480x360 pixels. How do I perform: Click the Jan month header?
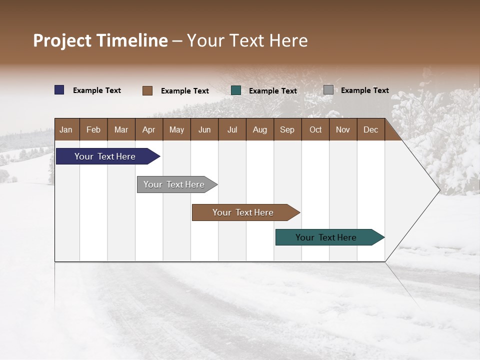[66, 129]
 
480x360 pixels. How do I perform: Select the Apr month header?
[149, 129]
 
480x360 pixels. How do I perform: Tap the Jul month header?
[232, 129]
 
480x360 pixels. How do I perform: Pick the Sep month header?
[287, 129]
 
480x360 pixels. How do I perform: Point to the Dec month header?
[370, 129]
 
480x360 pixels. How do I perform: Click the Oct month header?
[315, 129]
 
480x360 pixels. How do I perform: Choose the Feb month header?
[93, 129]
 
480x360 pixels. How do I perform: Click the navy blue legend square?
[59, 90]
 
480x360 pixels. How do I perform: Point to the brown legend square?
[147, 90]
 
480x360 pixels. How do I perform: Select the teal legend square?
[236, 90]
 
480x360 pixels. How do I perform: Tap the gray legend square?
[328, 90]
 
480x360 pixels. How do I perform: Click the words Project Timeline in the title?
[100, 40]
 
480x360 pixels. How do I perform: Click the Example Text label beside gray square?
[364, 90]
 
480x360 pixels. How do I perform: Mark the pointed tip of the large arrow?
[439, 189]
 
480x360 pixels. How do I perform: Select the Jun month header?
[204, 129]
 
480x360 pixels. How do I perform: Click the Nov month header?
[343, 129]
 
